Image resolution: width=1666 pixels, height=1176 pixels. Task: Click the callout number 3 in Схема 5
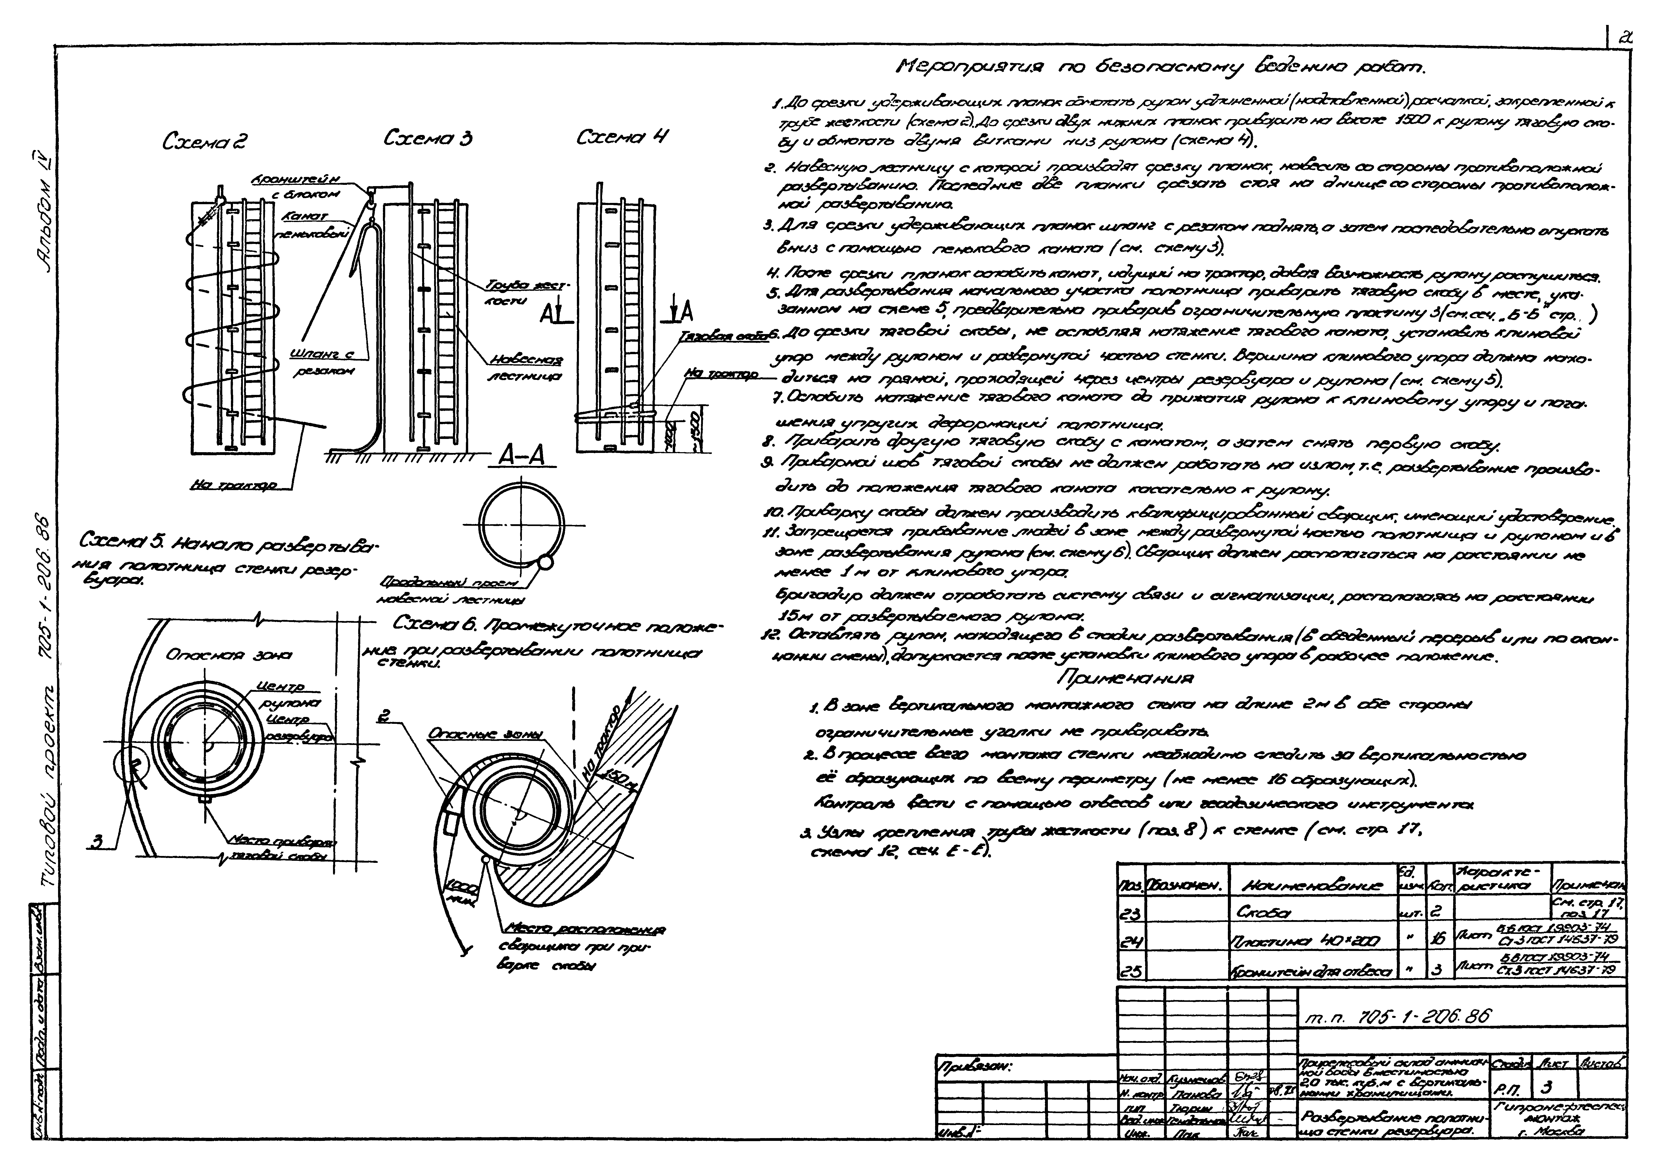pyautogui.click(x=107, y=841)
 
